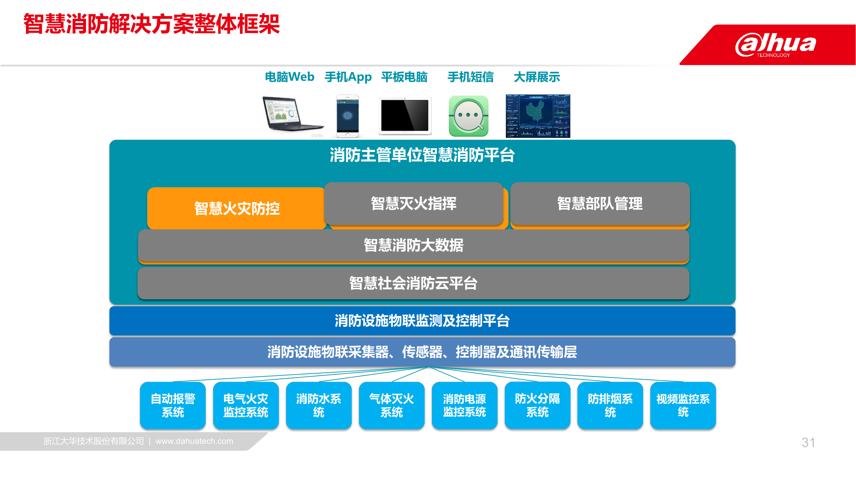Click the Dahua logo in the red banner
tap(775, 45)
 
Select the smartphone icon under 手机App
tap(348, 116)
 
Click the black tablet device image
tap(405, 116)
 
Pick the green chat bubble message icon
tap(469, 116)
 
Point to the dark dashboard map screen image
tap(538, 116)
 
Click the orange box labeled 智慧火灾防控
tap(237, 208)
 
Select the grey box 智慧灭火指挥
tap(413, 203)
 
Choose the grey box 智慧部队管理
tap(600, 203)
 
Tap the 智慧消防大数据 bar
tap(413, 245)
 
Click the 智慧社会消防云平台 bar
tap(413, 283)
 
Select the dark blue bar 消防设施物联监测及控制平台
tap(422, 321)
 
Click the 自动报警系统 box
tap(173, 405)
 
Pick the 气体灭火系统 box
tap(392, 405)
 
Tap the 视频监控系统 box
tap(683, 405)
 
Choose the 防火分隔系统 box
tap(537, 405)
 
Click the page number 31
tap(808, 442)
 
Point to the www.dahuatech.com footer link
tap(195, 441)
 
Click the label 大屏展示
tap(537, 77)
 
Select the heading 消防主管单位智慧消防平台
tap(422, 155)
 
